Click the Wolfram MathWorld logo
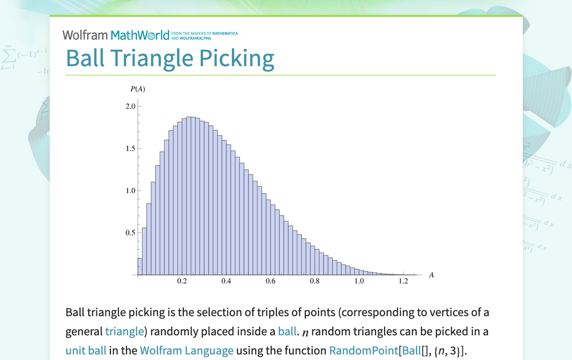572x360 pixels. click(x=116, y=35)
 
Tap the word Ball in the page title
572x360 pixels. click(x=86, y=58)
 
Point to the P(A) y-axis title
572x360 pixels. click(x=137, y=89)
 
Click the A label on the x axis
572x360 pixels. click(x=431, y=275)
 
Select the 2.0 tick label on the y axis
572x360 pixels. click(x=130, y=106)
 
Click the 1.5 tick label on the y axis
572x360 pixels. click(x=130, y=149)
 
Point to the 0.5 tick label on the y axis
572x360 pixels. click(x=130, y=233)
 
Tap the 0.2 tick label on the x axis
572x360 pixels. click(x=182, y=281)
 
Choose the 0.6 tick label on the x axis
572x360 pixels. click(x=270, y=281)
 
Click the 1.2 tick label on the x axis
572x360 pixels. click(x=403, y=281)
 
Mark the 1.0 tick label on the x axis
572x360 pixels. click(x=359, y=281)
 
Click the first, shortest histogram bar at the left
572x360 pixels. click(x=140, y=267)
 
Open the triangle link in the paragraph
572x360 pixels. click(x=124, y=331)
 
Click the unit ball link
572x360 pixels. click(x=86, y=351)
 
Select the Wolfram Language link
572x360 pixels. click(x=187, y=351)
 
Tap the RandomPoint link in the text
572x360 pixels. click(x=363, y=351)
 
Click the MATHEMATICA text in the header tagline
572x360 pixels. click(x=225, y=33)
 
